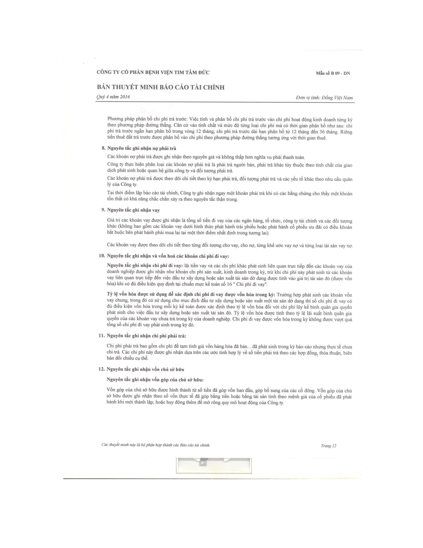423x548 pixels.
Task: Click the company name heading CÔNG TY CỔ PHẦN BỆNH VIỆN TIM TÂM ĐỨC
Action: pos(153,73)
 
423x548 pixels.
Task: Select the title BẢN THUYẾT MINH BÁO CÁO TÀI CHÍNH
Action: pos(161,87)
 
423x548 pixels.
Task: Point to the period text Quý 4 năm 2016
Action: pos(113,97)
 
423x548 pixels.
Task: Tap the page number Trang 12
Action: pos(328,446)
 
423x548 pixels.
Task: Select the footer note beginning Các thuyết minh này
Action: pos(156,445)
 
